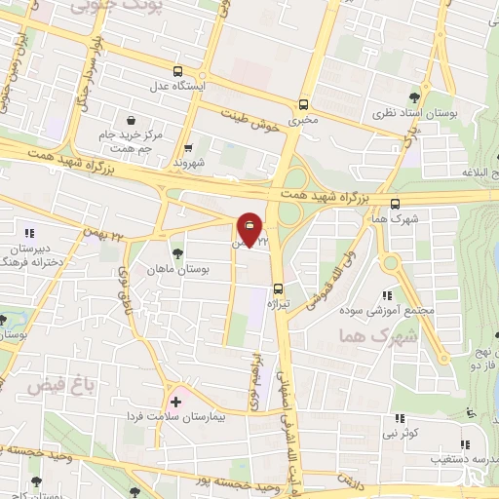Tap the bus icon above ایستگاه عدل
(177, 71)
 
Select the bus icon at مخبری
(303, 104)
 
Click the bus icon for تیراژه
(279, 288)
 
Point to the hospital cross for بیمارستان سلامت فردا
(175, 401)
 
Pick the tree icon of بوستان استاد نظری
(415, 96)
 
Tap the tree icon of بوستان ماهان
(176, 253)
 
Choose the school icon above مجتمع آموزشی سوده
(387, 294)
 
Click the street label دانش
(351, 480)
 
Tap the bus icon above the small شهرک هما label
(394, 204)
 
